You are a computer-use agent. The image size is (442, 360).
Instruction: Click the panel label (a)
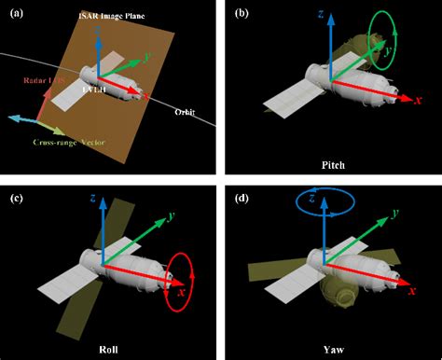point(15,13)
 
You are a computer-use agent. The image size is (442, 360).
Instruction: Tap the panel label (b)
point(241,13)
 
